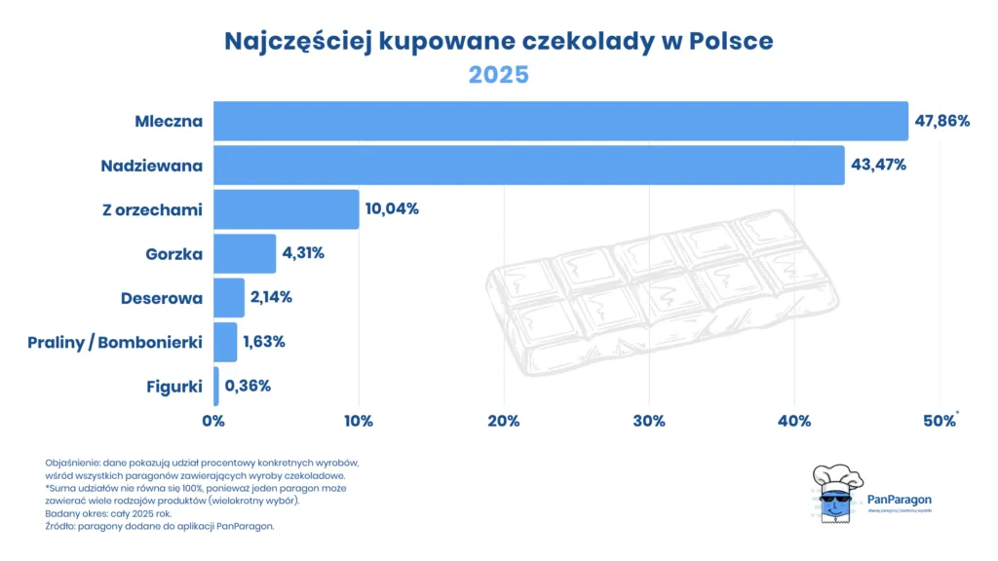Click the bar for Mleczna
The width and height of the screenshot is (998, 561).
[560, 122]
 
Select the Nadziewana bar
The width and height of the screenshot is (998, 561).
[528, 166]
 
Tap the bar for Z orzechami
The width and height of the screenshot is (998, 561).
[286, 209]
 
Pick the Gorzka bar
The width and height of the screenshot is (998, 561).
[245, 253]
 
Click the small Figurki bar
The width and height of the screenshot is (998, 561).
[216, 386]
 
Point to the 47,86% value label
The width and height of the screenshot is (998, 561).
[942, 122]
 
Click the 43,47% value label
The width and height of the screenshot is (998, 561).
[878, 166]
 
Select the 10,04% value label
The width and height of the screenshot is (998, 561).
[392, 209]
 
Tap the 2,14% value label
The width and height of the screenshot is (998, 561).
[271, 297]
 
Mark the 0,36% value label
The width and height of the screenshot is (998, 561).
[248, 386]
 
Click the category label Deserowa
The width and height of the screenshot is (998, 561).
[162, 298]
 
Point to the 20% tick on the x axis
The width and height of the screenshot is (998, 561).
[503, 421]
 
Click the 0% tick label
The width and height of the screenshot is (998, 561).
[213, 421]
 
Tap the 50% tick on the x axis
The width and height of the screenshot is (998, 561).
[940, 421]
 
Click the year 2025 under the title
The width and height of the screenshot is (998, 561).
[498, 75]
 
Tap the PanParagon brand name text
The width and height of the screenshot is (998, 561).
[899, 500]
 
